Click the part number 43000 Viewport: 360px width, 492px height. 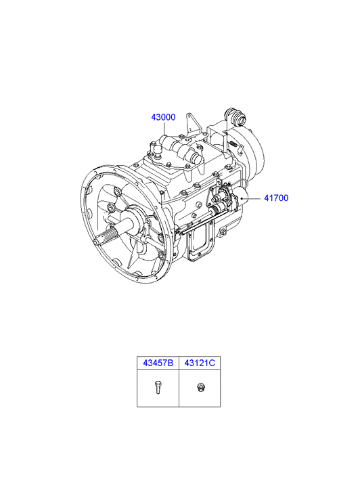[x=163, y=117]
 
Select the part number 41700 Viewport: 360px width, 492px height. [x=276, y=198]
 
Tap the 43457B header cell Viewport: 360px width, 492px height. [x=158, y=363]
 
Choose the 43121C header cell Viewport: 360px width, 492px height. [x=200, y=363]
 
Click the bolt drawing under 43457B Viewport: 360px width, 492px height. [x=158, y=387]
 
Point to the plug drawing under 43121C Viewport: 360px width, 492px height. [x=200, y=387]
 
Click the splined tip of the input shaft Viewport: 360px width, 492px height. [x=104, y=238]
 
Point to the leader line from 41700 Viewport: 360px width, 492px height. [x=251, y=198]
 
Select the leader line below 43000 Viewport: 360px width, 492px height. [x=164, y=129]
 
